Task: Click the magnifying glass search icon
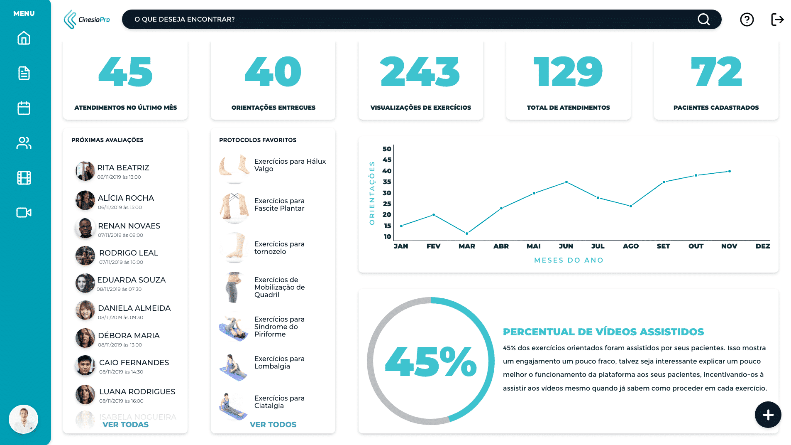(703, 20)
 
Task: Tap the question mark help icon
(747, 20)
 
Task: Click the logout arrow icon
(777, 20)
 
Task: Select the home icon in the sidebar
(24, 38)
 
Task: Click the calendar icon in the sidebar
(24, 108)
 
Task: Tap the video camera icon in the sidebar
(24, 213)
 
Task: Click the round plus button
(768, 415)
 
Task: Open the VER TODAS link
(125, 424)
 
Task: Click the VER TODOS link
(273, 424)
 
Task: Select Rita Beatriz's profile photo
(85, 171)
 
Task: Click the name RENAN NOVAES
(129, 226)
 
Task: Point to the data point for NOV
(730, 171)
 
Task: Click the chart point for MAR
(467, 234)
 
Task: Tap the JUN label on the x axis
(566, 246)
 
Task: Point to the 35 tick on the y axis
(387, 182)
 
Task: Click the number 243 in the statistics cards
(420, 72)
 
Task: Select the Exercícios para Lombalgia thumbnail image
(234, 367)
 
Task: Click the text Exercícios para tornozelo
(279, 248)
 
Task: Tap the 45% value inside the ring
(431, 361)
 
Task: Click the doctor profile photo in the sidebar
(24, 419)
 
